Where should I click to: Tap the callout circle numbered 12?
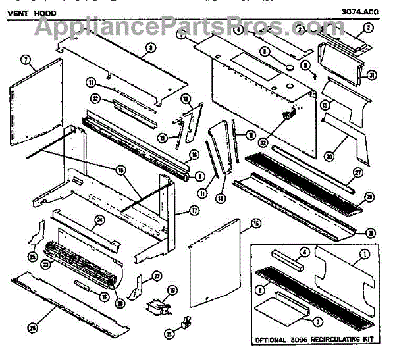click(95, 98)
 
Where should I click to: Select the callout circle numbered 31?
click(371, 76)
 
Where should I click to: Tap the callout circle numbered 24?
click(100, 220)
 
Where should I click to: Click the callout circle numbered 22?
click(157, 275)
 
